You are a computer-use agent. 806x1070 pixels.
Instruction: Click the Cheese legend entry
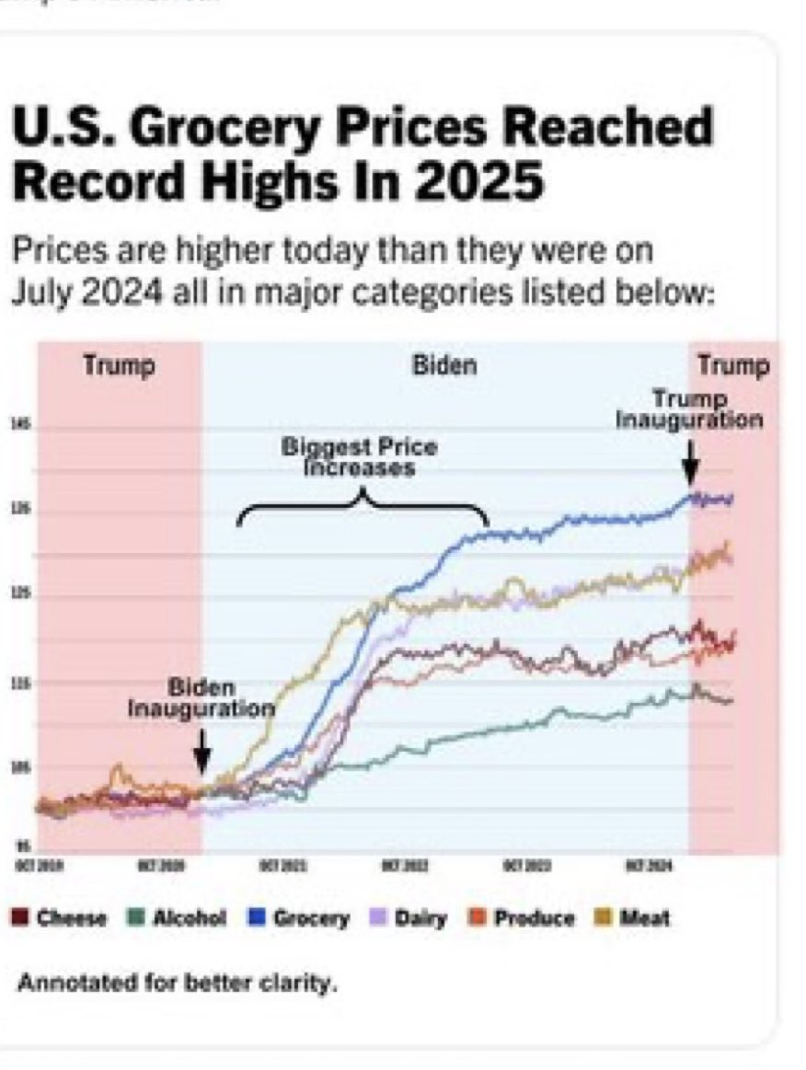pyautogui.click(x=58, y=917)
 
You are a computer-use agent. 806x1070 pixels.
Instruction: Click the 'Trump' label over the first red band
pyautogui.click(x=120, y=365)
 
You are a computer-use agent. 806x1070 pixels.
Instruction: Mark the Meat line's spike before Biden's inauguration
pyautogui.click(x=117, y=768)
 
